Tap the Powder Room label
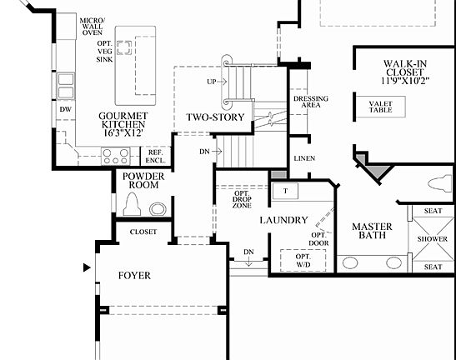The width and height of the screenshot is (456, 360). [143, 180]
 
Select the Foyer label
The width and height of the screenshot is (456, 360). [134, 275]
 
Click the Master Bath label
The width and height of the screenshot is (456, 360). [371, 231]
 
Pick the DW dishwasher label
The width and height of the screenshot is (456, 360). [64, 109]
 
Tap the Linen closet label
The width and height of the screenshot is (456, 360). [304, 158]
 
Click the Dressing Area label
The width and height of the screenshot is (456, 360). [311, 102]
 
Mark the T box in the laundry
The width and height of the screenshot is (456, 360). [285, 190]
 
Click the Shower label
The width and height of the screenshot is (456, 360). [433, 238]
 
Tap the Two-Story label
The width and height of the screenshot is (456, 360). [215, 117]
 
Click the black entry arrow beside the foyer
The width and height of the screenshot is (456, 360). [86, 268]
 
